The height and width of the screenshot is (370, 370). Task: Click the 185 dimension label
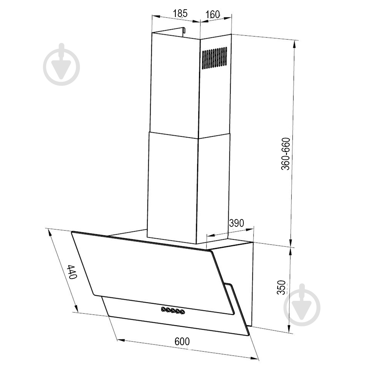pyautogui.click(x=180, y=13)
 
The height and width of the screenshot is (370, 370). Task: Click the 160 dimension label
pyautogui.click(x=212, y=14)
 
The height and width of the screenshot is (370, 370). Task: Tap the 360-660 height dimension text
pyautogui.click(x=286, y=154)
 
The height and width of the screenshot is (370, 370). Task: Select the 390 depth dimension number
pyautogui.click(x=236, y=223)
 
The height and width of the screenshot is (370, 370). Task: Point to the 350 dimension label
pyautogui.click(x=281, y=287)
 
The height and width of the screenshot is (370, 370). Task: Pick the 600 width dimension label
pyautogui.click(x=182, y=342)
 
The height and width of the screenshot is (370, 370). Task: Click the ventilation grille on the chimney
pyautogui.click(x=215, y=58)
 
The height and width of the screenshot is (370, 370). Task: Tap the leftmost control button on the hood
pyautogui.click(x=163, y=309)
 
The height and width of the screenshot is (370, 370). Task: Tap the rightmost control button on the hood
pyautogui.click(x=182, y=312)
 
